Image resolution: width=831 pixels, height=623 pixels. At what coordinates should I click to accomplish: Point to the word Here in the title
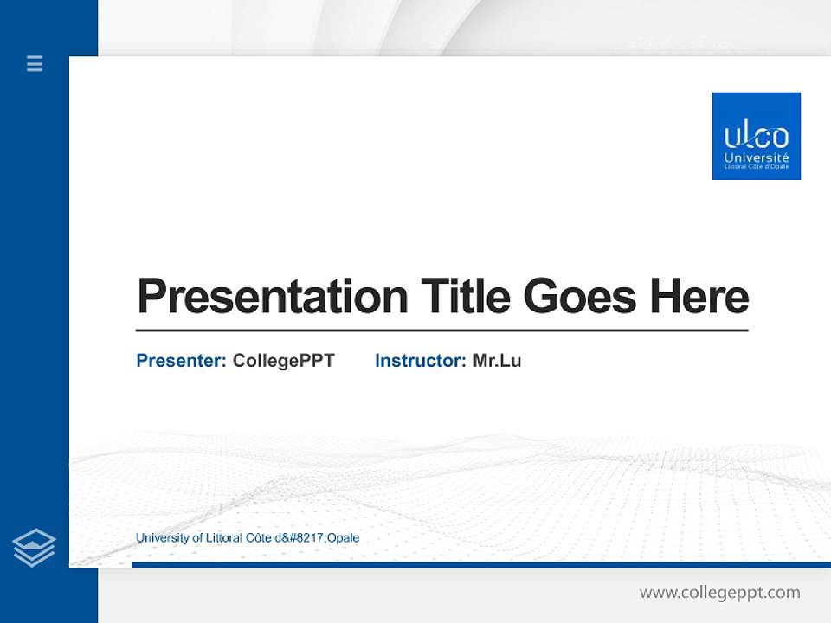click(699, 297)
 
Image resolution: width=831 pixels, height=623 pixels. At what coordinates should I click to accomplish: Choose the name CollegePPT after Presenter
click(283, 361)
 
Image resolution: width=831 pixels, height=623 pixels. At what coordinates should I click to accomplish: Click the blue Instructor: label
click(420, 361)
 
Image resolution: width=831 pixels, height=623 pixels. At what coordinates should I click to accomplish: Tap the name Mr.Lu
click(497, 361)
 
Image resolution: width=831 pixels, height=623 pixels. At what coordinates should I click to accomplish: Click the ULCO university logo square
click(756, 136)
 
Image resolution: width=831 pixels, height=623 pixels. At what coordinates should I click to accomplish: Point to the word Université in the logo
click(756, 158)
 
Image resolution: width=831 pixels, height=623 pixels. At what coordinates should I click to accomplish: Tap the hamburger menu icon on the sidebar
click(35, 63)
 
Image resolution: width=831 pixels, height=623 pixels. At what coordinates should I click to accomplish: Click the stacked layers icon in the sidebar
click(34, 548)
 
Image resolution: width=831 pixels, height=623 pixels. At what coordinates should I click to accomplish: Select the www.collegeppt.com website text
click(719, 593)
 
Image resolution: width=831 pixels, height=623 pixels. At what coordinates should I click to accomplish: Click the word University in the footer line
click(161, 538)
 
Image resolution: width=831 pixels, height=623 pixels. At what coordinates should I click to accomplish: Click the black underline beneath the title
click(441, 330)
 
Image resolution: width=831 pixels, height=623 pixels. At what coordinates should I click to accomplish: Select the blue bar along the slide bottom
click(480, 564)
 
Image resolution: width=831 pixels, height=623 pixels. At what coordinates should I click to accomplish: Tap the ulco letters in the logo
click(756, 137)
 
